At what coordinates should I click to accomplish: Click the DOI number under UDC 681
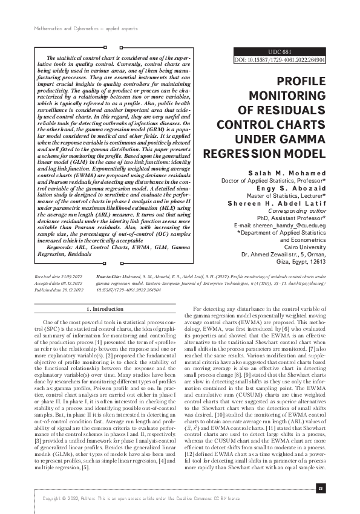pyautogui.click(x=280, y=60)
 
